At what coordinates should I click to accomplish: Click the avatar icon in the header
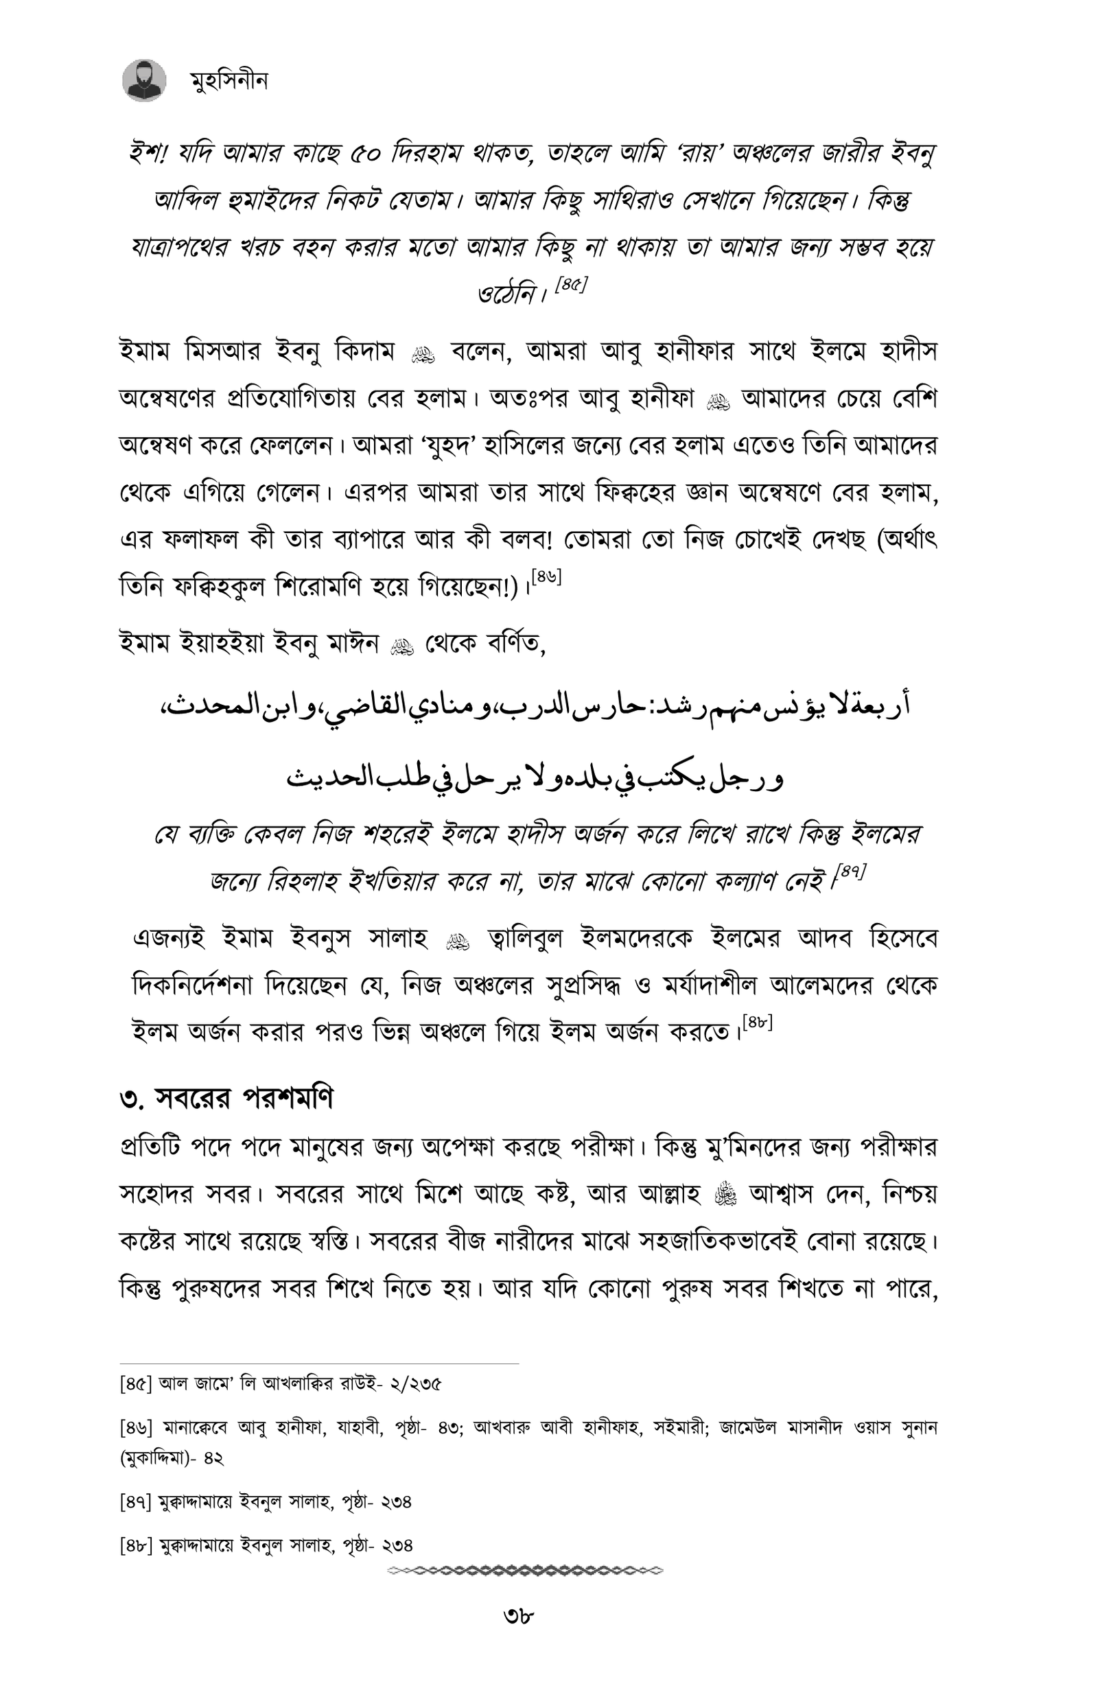point(144,80)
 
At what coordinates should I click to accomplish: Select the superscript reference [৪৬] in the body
point(546,576)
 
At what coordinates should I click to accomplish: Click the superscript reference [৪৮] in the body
point(757,1021)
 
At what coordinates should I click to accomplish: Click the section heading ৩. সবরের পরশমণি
point(226,1099)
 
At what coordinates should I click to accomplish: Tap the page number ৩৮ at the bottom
point(518,1615)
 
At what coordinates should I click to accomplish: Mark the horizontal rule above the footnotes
point(318,1364)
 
